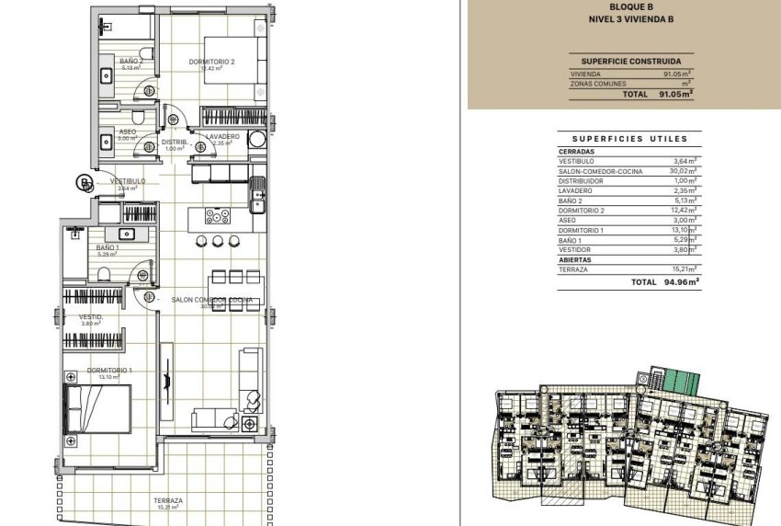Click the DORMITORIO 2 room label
pyautogui.click(x=212, y=62)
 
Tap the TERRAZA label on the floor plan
pyautogui.click(x=168, y=501)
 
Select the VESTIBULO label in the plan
pyautogui.click(x=128, y=181)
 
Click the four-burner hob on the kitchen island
pyautogui.click(x=218, y=217)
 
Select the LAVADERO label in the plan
pyautogui.click(x=222, y=137)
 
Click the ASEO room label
pyautogui.click(x=128, y=131)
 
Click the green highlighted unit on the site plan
pyautogui.click(x=681, y=380)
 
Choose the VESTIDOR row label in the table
pyautogui.click(x=575, y=249)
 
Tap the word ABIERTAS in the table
pyautogui.click(x=576, y=259)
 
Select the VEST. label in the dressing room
pyautogui.click(x=90, y=317)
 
